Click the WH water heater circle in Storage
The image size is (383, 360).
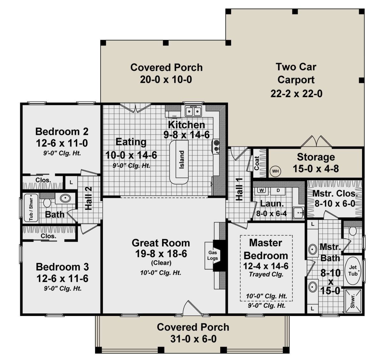tap(275, 171)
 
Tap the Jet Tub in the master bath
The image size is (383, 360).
tap(353, 271)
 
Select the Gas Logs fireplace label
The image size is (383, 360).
tap(212, 255)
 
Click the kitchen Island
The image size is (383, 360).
tap(179, 162)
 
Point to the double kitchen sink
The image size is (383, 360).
tap(193, 111)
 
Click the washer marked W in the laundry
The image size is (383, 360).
tap(261, 190)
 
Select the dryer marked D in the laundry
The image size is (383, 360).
tap(278, 190)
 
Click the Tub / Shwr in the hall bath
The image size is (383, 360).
tap(31, 208)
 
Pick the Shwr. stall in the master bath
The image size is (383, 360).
tap(353, 301)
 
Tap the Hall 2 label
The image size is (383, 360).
tap(89, 198)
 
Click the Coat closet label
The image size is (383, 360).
tap(257, 163)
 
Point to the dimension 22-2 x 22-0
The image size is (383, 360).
tap(297, 94)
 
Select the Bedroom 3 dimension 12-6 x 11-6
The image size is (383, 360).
tap(63, 279)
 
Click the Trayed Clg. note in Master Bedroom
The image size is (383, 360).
tap(266, 274)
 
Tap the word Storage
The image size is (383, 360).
tap(316, 157)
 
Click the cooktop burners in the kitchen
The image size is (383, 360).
tap(217, 146)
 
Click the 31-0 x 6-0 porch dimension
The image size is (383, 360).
tap(193, 339)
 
